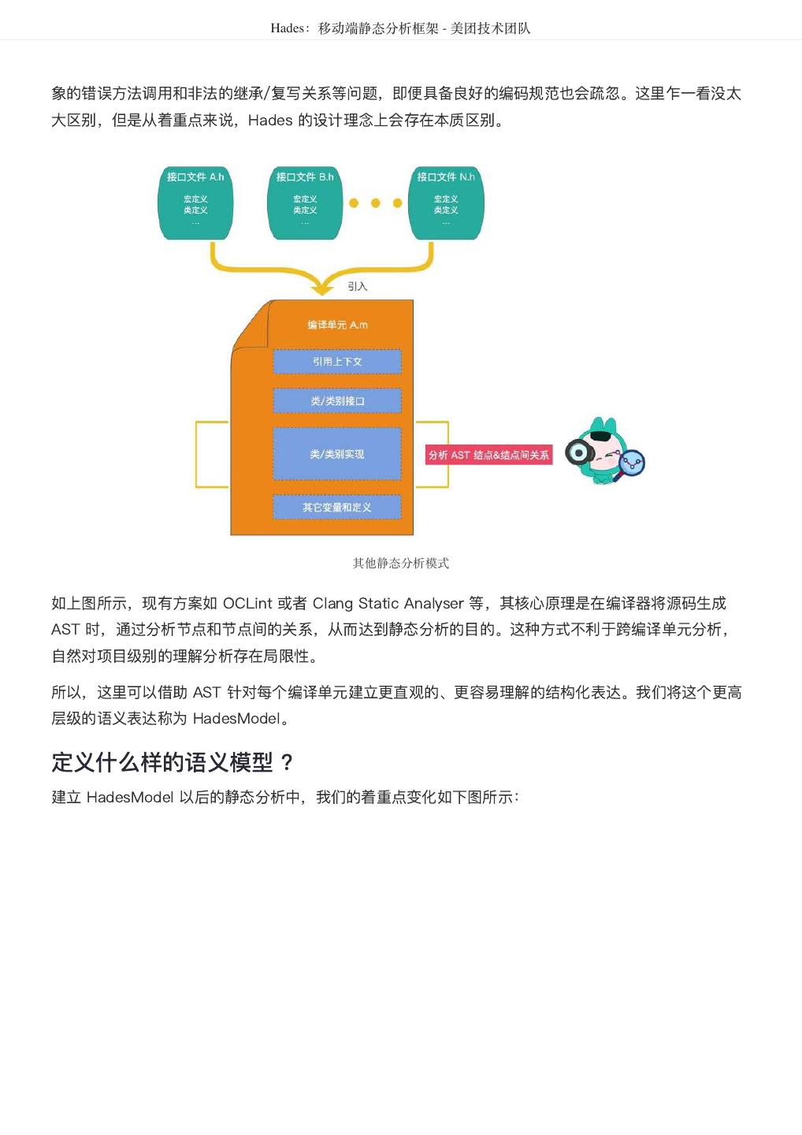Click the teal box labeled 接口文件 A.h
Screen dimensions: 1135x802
tap(195, 203)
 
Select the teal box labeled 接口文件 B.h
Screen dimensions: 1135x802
tap(305, 203)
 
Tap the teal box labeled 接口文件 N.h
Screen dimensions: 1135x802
tap(446, 203)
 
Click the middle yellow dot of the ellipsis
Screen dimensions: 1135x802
tap(376, 203)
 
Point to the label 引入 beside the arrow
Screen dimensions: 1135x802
tap(358, 286)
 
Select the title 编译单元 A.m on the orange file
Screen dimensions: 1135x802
tap(337, 325)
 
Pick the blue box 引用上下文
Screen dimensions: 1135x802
tap(337, 362)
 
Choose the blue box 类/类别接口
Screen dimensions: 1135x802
tap(337, 401)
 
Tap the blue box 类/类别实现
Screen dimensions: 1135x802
tap(337, 454)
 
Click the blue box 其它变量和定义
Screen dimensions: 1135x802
tap(337, 508)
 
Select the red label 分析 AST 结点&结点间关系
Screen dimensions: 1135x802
tap(488, 455)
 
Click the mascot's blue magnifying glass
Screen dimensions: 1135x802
tap(632, 463)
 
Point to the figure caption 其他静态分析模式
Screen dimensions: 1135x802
tap(401, 563)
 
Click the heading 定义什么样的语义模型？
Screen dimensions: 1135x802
tap(173, 762)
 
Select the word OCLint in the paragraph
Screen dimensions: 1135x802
tap(247, 604)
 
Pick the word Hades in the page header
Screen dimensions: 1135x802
tap(288, 28)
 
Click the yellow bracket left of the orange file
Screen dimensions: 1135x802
tap(198, 455)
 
